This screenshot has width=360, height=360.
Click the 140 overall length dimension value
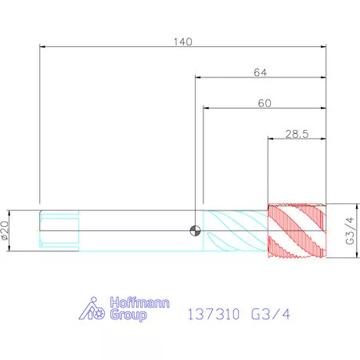point(183,41)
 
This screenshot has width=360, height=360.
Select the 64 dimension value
point(261,73)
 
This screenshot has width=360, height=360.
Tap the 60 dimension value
point(265,103)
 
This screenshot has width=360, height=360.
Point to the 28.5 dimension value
point(297,134)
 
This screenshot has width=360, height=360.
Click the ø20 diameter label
point(5,230)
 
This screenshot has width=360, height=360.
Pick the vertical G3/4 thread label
point(350,231)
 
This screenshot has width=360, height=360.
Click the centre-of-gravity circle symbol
point(195,231)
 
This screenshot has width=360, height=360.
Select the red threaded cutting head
point(297,231)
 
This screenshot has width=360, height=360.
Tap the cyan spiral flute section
point(236,231)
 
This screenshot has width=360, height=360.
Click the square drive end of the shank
point(59,231)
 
